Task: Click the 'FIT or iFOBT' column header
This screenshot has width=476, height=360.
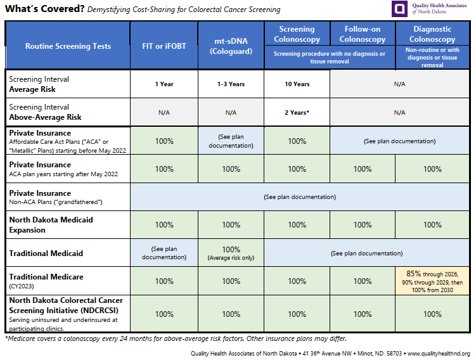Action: [164, 46]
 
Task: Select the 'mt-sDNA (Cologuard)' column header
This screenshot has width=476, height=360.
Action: [231, 46]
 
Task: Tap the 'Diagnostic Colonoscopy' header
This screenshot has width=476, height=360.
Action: [432, 34]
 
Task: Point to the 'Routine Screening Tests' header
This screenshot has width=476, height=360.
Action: [68, 46]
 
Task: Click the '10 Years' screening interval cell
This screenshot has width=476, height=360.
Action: [297, 84]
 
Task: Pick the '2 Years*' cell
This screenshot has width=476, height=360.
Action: [297, 112]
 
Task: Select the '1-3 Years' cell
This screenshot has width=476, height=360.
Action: [231, 84]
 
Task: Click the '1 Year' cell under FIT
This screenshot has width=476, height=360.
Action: [164, 84]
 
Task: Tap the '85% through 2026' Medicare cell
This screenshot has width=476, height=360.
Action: [432, 281]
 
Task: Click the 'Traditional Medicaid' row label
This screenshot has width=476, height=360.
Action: [46, 254]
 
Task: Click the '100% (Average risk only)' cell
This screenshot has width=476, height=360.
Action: [231, 253]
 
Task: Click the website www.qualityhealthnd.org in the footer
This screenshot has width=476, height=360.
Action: [438, 353]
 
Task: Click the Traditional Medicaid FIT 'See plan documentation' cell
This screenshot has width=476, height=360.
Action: [164, 253]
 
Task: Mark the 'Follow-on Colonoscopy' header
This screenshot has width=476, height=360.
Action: [363, 34]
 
